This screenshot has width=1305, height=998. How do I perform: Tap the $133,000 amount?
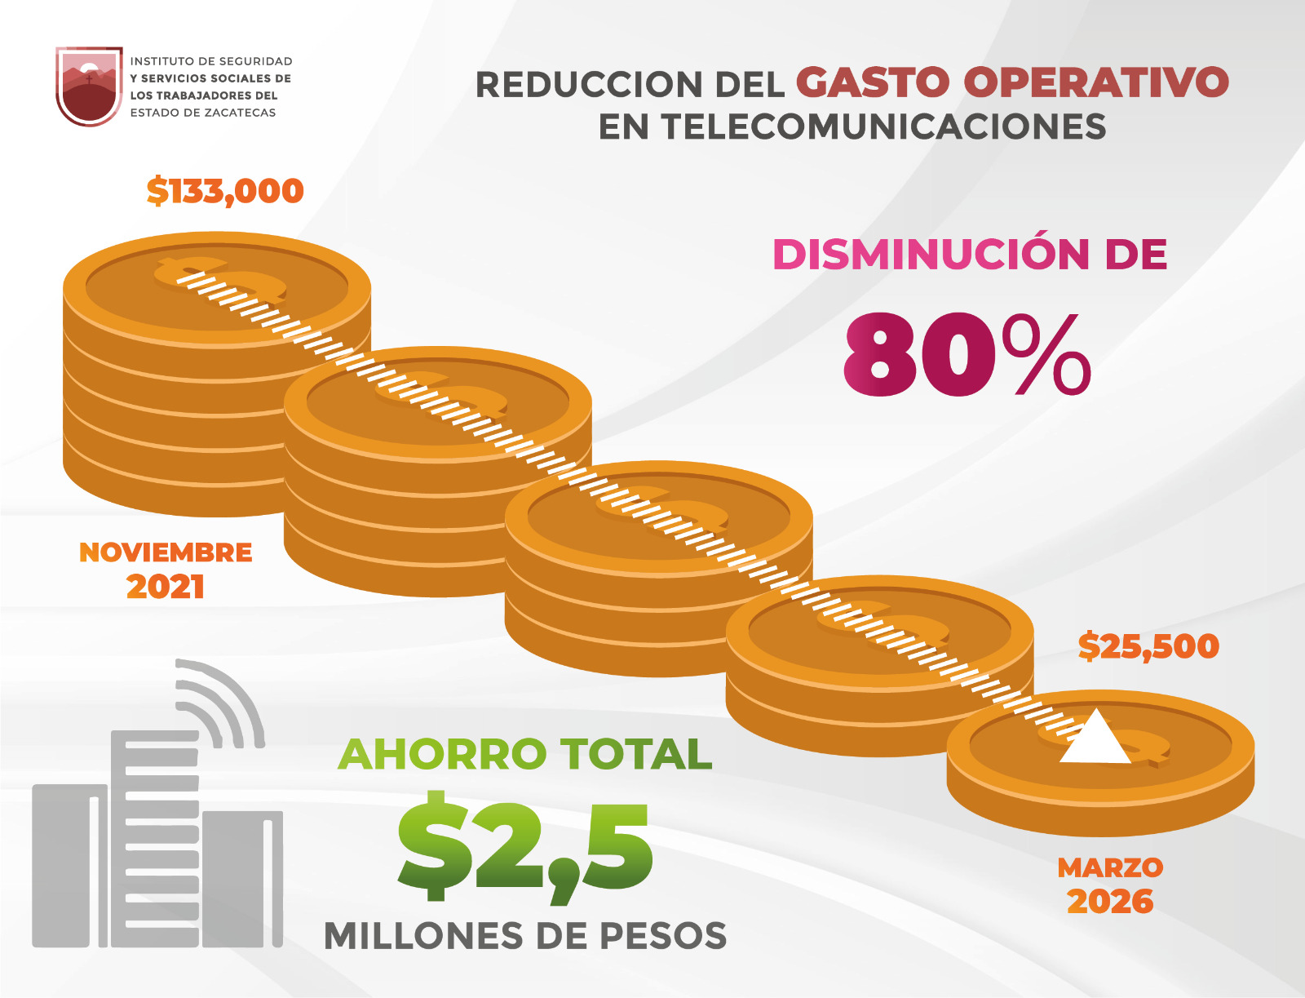225,191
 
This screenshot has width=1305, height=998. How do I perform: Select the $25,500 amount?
1148,646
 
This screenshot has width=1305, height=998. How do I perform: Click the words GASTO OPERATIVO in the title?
1012,82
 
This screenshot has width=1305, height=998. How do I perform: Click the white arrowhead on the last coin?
1095,738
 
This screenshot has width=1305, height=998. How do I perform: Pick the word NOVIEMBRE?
166,552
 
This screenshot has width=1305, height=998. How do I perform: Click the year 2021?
166,587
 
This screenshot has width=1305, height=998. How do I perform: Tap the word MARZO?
1110,867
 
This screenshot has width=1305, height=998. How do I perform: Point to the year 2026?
1110,902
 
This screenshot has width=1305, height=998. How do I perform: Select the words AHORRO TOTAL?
524,754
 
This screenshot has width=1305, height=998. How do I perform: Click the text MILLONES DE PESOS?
524,936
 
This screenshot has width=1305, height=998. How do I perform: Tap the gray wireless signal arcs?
219,702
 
